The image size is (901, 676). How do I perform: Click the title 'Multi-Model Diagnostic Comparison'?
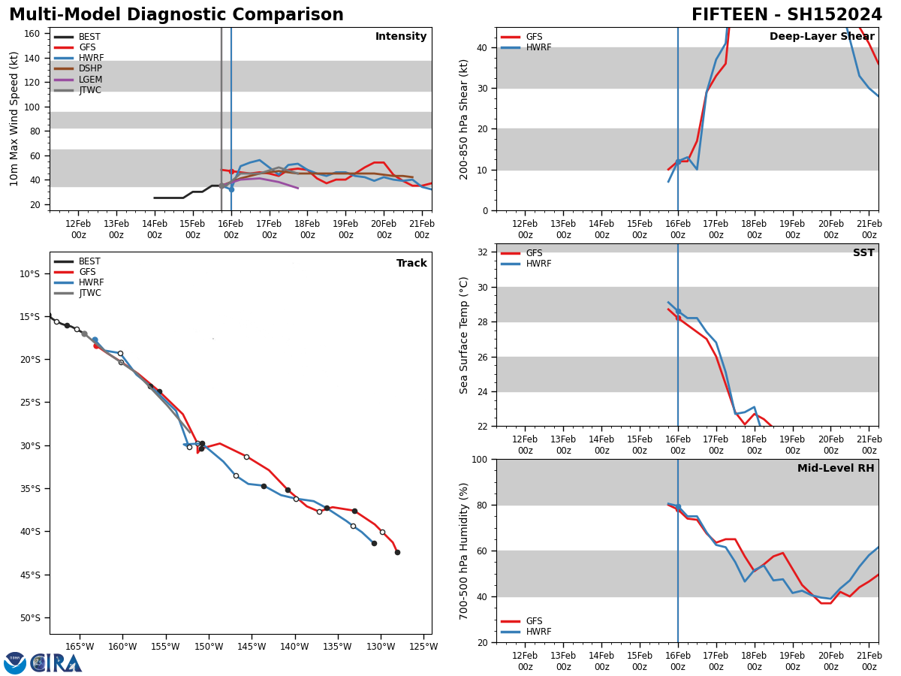(x=176, y=15)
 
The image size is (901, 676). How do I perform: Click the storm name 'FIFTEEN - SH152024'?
(x=786, y=15)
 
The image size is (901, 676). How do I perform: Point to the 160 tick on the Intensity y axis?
(x=32, y=34)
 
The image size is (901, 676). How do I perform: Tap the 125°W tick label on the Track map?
(x=423, y=646)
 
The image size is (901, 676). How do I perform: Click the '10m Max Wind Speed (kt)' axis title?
(x=15, y=119)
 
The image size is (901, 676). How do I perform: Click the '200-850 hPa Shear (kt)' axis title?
(x=464, y=119)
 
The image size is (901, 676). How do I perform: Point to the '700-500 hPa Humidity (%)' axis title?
(x=464, y=551)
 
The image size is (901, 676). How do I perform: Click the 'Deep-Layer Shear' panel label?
(x=821, y=37)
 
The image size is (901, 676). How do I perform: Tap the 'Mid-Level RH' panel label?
(x=835, y=469)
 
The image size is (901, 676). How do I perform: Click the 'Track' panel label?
(x=411, y=264)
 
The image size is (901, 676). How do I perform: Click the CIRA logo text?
(x=56, y=663)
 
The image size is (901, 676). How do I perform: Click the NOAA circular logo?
(x=15, y=663)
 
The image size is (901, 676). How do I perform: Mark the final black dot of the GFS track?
(x=397, y=552)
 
